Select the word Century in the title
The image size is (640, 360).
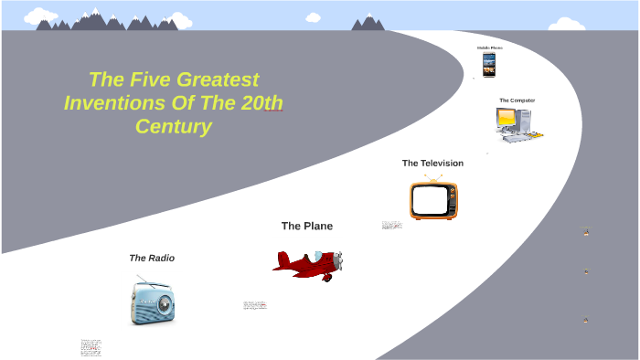(x=174, y=126)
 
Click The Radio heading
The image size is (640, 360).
(x=152, y=259)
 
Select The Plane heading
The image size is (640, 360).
(x=307, y=226)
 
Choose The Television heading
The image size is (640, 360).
(x=432, y=164)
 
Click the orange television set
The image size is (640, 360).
(x=433, y=200)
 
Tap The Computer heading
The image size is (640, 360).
(x=517, y=101)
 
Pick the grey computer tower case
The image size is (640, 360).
(x=524, y=120)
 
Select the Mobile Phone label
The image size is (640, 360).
(x=489, y=48)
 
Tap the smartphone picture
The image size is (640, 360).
(x=489, y=64)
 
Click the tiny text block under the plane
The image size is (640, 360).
(x=255, y=305)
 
